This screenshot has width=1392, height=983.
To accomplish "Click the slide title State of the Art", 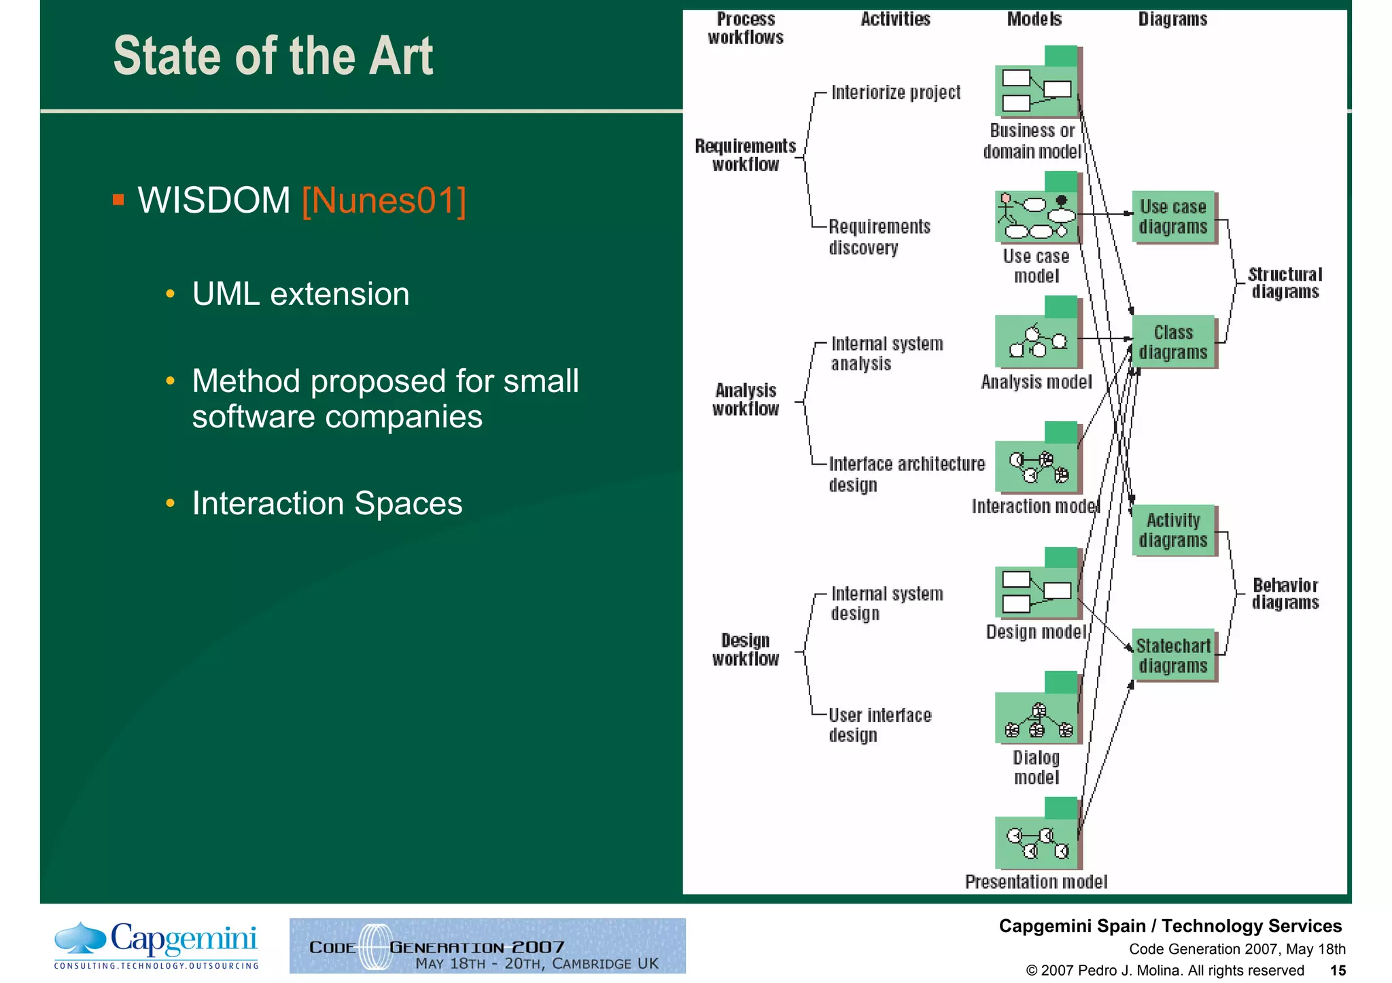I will (x=273, y=56).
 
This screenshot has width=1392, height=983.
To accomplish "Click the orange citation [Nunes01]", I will (x=383, y=201).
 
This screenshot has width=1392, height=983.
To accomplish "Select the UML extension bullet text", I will (x=300, y=294).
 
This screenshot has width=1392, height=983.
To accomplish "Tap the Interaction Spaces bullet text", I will (x=327, y=503).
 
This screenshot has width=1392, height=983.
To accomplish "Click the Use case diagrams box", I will (x=1174, y=217).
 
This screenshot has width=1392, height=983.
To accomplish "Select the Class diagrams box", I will (x=1174, y=342).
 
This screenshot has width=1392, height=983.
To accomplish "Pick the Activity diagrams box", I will (x=1174, y=530).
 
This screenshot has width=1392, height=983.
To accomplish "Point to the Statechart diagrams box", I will (x=1174, y=656).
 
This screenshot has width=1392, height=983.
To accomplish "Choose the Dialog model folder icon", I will (x=1037, y=710).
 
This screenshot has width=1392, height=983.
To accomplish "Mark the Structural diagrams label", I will (x=1285, y=283).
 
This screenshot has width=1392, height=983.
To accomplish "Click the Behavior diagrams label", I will (x=1285, y=594).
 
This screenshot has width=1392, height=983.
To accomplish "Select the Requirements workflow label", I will (x=746, y=156).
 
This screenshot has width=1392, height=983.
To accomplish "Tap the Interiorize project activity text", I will (x=896, y=92).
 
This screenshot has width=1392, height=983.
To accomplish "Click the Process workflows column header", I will (x=746, y=29).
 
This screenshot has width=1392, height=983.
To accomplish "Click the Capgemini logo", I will (x=156, y=945).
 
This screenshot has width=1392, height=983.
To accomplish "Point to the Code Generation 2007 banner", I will (x=487, y=946).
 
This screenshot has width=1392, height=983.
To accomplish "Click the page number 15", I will (x=1338, y=970).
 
